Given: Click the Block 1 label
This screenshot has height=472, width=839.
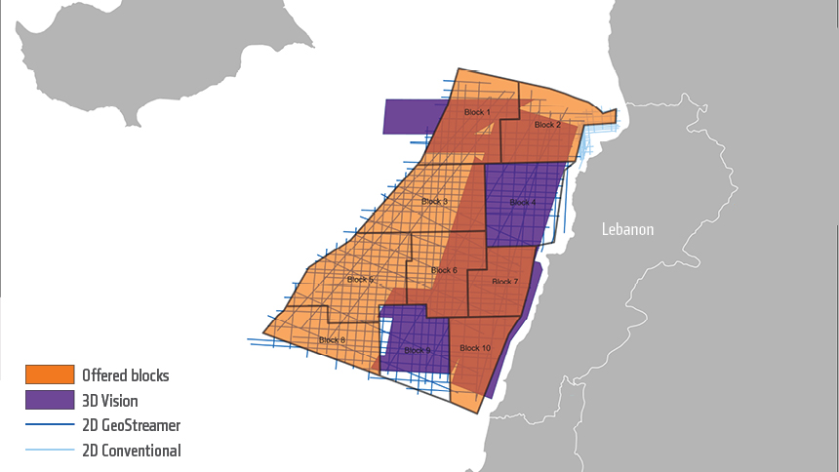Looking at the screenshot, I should pyautogui.click(x=477, y=113).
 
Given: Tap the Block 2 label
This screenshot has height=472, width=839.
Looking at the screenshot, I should pyautogui.click(x=547, y=125).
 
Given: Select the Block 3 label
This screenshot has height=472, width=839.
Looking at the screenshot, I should pyautogui.click(x=434, y=202).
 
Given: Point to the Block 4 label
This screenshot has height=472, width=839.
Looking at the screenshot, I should pyautogui.click(x=522, y=202).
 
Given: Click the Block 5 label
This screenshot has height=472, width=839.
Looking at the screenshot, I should pyautogui.click(x=358, y=280).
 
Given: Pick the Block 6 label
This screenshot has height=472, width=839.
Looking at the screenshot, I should pyautogui.click(x=443, y=270).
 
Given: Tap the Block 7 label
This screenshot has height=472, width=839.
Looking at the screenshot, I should pyautogui.click(x=504, y=282).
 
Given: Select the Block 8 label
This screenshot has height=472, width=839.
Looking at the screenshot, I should pyautogui.click(x=332, y=339).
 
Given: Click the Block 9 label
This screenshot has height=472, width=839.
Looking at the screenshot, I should pyautogui.click(x=417, y=350).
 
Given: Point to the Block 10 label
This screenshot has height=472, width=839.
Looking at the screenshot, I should pyautogui.click(x=474, y=348).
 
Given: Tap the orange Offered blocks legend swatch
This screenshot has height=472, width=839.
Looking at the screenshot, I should pyautogui.click(x=50, y=374).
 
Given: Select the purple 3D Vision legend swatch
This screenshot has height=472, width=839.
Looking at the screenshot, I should pyautogui.click(x=50, y=400).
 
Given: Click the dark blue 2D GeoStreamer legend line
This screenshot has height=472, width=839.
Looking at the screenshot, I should pyautogui.click(x=50, y=425).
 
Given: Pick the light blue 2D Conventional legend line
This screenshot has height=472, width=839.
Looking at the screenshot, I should pyautogui.click(x=50, y=451).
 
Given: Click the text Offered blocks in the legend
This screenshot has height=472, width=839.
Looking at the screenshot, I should pyautogui.click(x=126, y=374).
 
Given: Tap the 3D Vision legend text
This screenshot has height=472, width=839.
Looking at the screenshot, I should pyautogui.click(x=110, y=400).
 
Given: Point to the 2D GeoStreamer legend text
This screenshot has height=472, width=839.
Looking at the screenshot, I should pyautogui.click(x=132, y=425).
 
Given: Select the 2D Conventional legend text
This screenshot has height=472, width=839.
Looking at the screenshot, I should pyautogui.click(x=132, y=451).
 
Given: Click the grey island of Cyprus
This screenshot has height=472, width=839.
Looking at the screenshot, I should pyautogui.click(x=146, y=59).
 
